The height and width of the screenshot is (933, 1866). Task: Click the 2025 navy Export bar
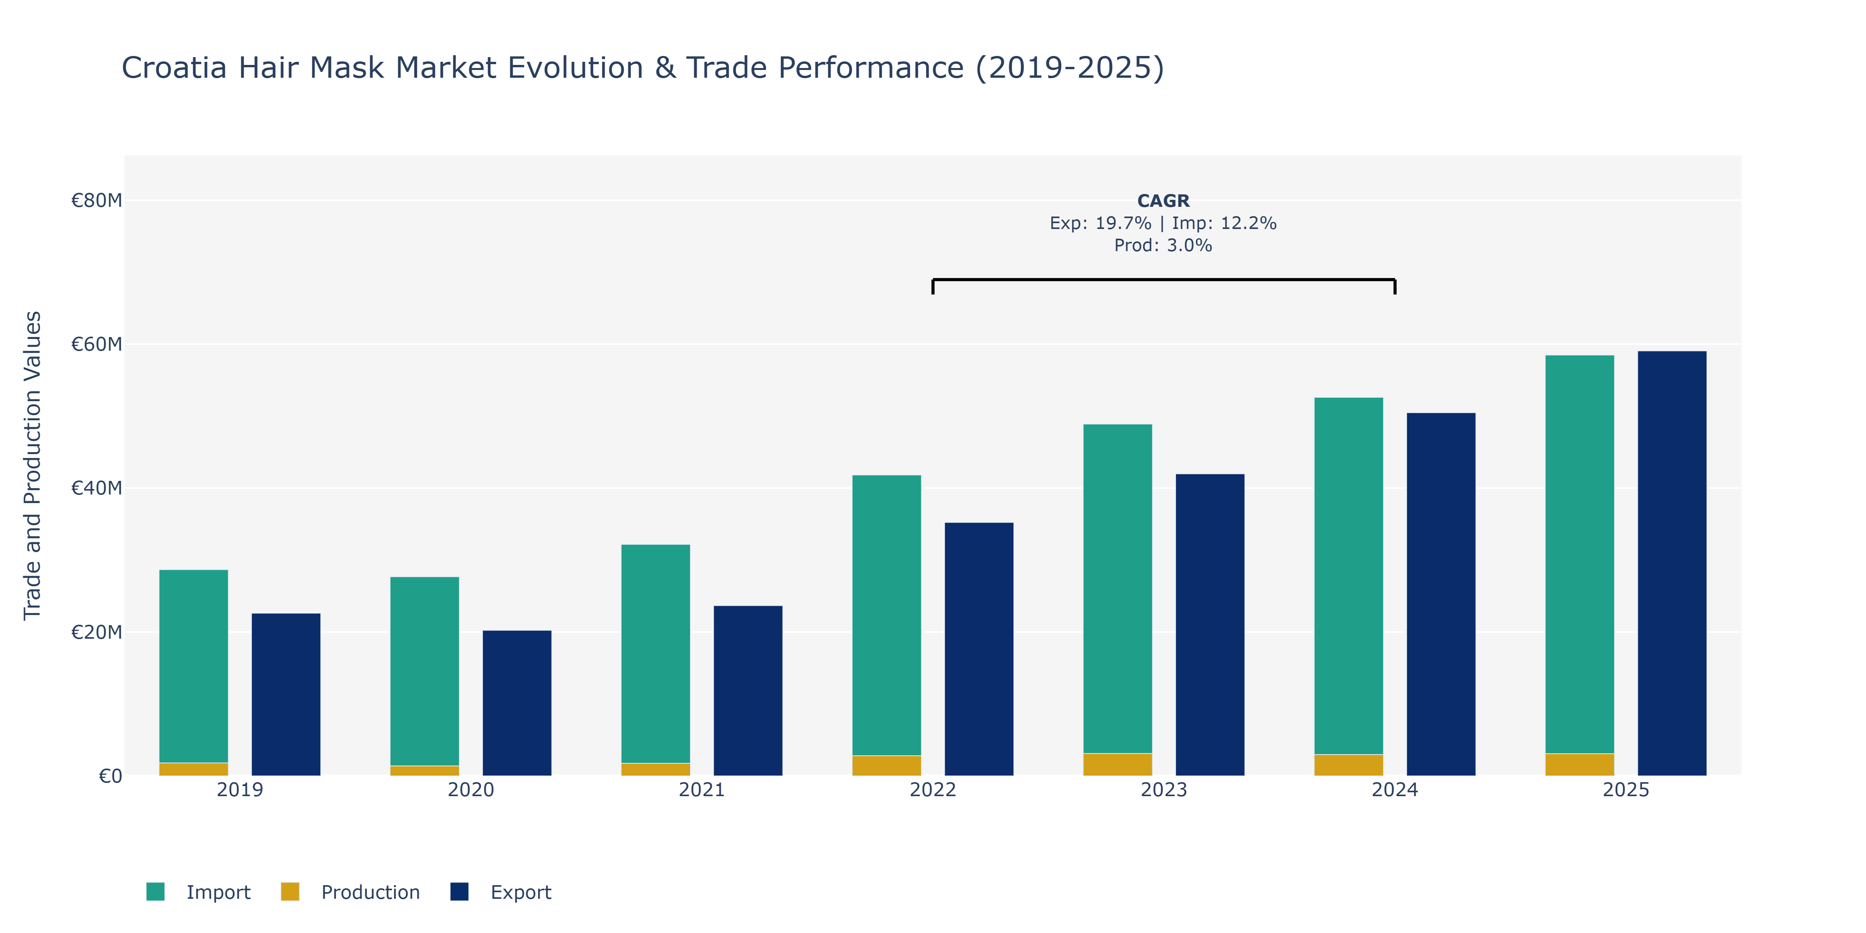click(x=1672, y=564)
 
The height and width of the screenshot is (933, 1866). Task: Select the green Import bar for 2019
click(x=194, y=666)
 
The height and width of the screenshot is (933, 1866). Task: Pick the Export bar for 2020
click(x=517, y=703)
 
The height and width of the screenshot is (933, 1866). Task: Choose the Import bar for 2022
click(x=887, y=616)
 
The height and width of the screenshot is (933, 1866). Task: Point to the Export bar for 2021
click(x=748, y=691)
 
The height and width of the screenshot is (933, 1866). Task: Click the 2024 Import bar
click(x=1349, y=576)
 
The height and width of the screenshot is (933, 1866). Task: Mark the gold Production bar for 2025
click(x=1580, y=765)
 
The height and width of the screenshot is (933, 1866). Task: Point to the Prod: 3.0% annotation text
click(x=1164, y=246)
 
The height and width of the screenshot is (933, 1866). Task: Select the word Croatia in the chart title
click(x=175, y=68)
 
